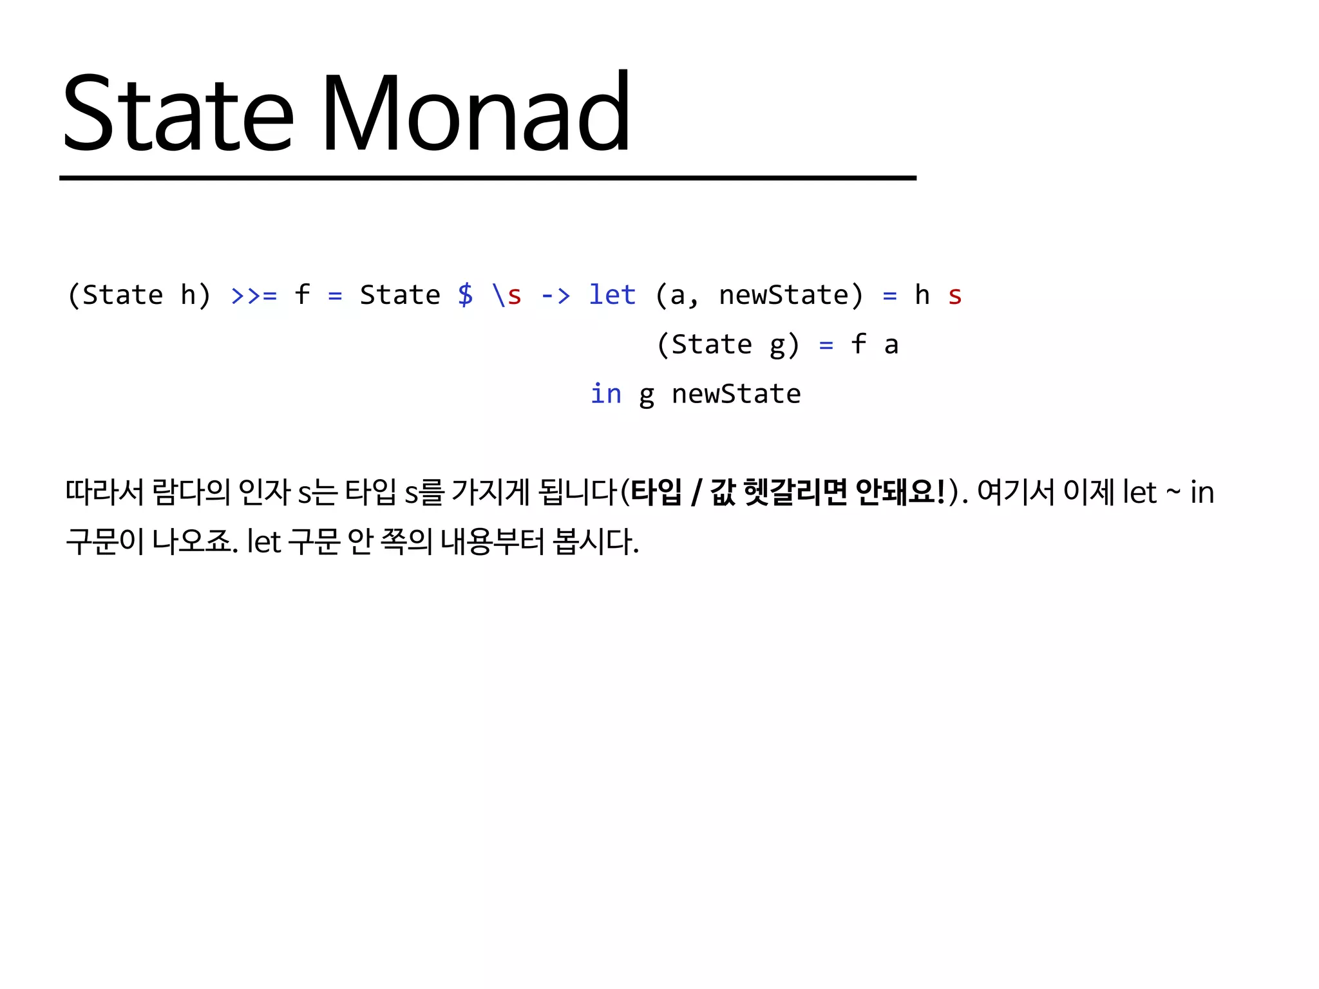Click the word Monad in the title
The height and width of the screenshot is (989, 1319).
point(475,114)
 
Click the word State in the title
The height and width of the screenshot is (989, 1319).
point(178,114)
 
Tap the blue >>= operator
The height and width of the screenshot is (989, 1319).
point(254,296)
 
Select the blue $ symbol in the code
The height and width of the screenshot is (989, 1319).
point(466,296)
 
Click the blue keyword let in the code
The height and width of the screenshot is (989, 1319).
point(612,296)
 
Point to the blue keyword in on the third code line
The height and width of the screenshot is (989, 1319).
point(606,394)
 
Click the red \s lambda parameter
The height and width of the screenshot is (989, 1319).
point(507,296)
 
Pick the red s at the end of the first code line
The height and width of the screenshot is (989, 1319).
point(954,296)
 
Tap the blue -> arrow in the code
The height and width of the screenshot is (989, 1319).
point(555,296)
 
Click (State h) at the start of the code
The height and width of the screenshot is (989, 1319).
point(139,296)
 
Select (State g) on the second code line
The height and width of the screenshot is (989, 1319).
point(728,345)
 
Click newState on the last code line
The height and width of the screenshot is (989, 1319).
point(736,394)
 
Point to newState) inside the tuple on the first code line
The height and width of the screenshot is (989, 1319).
point(791,296)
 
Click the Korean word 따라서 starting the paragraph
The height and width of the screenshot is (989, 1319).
point(104,493)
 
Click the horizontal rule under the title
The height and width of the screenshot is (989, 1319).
point(488,178)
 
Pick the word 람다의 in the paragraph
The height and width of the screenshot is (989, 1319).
point(191,493)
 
